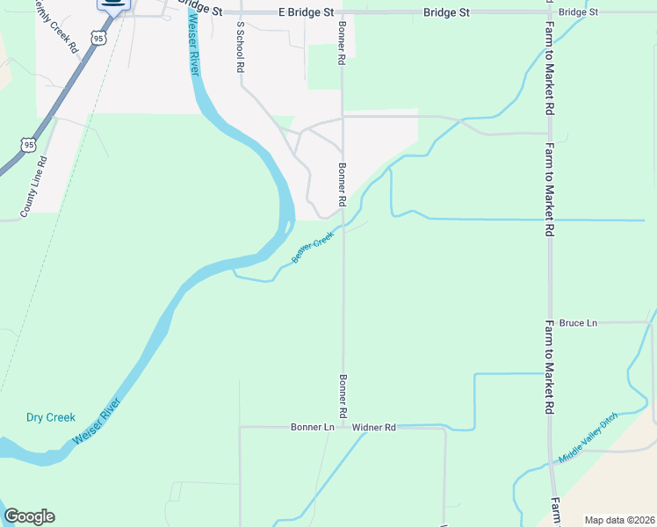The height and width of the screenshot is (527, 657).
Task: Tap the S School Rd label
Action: click(x=238, y=48)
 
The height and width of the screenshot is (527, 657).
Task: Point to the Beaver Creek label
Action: click(x=313, y=246)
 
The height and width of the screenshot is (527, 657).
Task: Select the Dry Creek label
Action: click(x=51, y=417)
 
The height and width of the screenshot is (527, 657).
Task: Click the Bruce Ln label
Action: click(x=578, y=323)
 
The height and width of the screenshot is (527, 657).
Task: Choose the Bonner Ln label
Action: click(x=313, y=427)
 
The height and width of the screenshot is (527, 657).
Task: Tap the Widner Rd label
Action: click(x=374, y=427)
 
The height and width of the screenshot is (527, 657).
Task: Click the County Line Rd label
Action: click(x=35, y=187)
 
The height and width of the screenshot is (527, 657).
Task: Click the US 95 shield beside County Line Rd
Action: click(x=30, y=144)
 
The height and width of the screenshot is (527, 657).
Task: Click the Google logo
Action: click(x=29, y=516)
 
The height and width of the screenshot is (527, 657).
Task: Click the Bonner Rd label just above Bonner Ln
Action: click(x=341, y=395)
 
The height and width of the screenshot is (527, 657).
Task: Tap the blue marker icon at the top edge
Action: click(x=112, y=4)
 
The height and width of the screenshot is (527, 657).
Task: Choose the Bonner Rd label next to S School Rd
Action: click(x=342, y=42)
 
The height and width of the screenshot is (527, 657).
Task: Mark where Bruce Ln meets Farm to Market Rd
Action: click(x=549, y=323)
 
